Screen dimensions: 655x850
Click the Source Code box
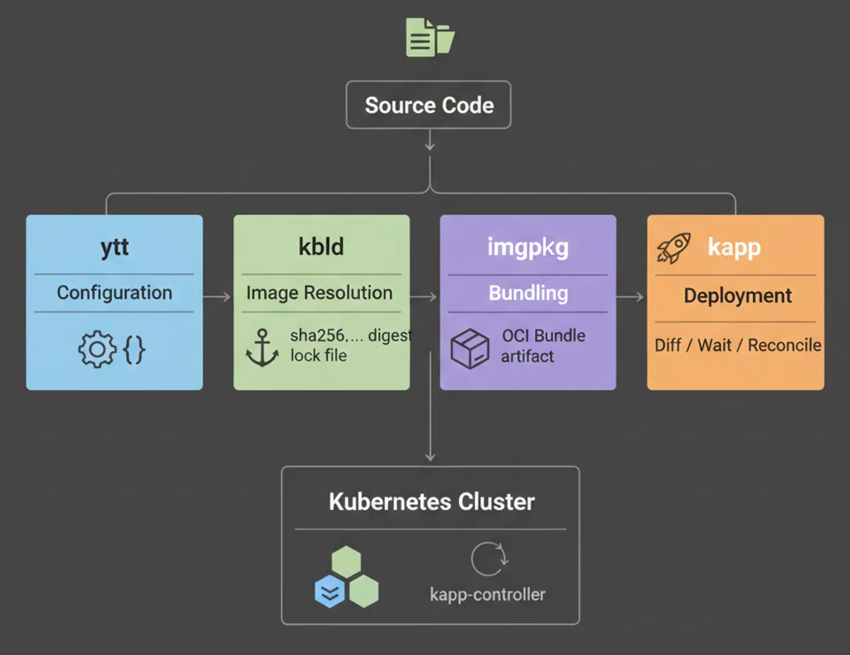coord(429,106)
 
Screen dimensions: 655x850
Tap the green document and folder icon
coord(429,37)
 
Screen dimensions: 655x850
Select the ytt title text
coord(114,247)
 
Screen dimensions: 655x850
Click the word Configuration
coord(114,293)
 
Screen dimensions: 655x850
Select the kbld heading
coord(321,247)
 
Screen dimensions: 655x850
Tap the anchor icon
coord(261,348)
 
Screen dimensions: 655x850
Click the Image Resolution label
coord(319,293)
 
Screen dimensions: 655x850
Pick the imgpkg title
coord(528,247)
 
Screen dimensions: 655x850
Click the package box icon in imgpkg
coord(470,349)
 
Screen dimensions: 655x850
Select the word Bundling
coord(528,293)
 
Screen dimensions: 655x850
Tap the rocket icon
coord(673,247)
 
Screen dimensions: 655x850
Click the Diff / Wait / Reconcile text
coord(738,345)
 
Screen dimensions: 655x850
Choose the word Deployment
coord(737,296)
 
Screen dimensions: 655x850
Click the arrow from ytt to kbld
coord(217,297)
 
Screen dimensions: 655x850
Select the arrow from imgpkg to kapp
coord(630,297)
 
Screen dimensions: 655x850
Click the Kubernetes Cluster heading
coord(431,502)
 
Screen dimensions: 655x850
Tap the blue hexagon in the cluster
coord(329,591)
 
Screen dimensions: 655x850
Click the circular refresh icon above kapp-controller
coord(488,559)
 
